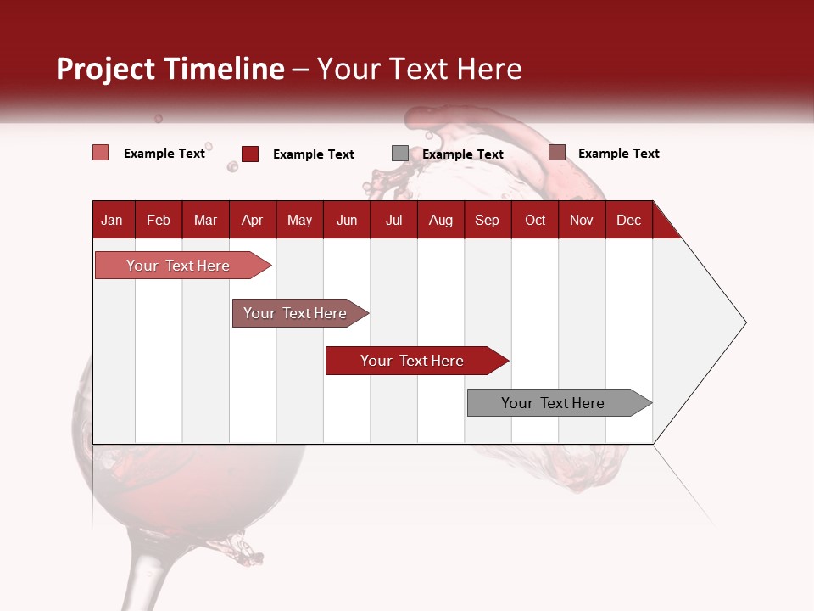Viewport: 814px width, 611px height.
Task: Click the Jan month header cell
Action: coord(112,220)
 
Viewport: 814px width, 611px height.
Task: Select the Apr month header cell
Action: coord(253,220)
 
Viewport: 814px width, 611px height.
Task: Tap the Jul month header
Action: coord(393,220)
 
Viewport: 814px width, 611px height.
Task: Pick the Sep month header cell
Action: coord(487,220)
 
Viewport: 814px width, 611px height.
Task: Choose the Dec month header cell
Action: coord(628,220)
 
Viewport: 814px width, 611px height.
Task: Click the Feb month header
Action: coord(159,220)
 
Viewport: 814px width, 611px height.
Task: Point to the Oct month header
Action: coord(535,220)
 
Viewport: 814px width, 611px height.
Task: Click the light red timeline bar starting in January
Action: coord(178,266)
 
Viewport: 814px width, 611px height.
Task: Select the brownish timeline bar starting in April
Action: coord(295,313)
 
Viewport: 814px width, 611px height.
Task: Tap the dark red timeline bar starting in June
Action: coord(412,361)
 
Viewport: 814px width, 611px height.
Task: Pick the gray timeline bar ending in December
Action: coord(553,403)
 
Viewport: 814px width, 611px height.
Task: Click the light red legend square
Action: coord(100,153)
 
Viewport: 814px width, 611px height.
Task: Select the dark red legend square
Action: coord(250,154)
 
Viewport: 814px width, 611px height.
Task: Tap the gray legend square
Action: coord(400,154)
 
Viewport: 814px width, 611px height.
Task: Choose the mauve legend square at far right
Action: coord(557,153)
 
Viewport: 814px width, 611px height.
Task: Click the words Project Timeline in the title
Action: coord(170,69)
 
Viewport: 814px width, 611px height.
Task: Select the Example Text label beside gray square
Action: coord(463,154)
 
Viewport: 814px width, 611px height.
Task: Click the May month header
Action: coord(299,220)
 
